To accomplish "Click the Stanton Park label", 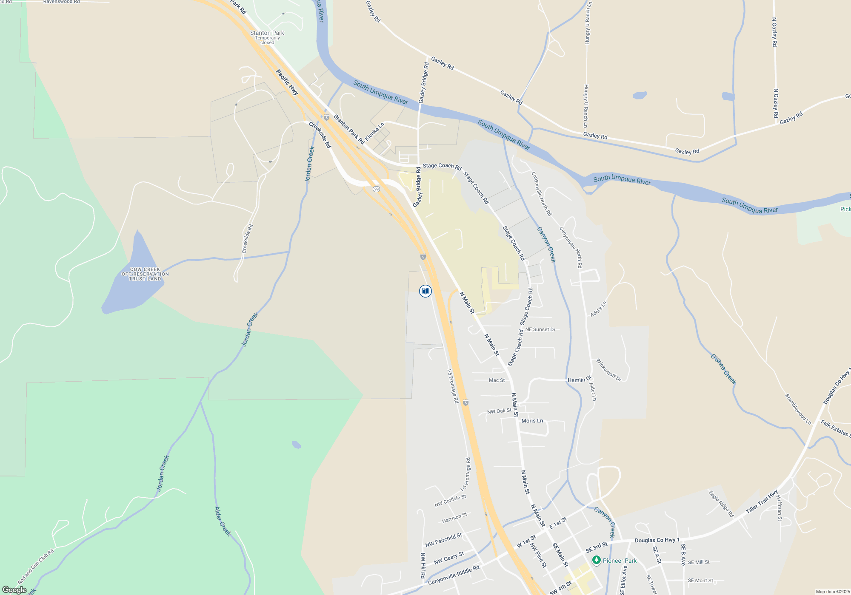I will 267,33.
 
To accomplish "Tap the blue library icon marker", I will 425,291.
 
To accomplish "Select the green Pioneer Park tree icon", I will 597,560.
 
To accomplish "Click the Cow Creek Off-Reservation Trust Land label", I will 145,274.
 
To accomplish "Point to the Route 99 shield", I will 376,189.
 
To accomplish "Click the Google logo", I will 14,590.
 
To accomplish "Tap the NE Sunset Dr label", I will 540,329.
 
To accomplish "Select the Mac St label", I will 497,380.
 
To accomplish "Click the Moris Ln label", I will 532,421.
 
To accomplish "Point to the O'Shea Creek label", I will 723,369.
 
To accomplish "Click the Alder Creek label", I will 223,521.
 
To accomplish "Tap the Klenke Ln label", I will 374,131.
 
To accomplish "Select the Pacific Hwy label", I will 287,82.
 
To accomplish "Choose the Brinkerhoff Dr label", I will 608,370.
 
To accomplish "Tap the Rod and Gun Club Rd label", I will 36,567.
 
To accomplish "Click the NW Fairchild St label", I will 443,540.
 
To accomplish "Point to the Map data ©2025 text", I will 832,592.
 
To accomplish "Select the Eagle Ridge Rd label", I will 721,504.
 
